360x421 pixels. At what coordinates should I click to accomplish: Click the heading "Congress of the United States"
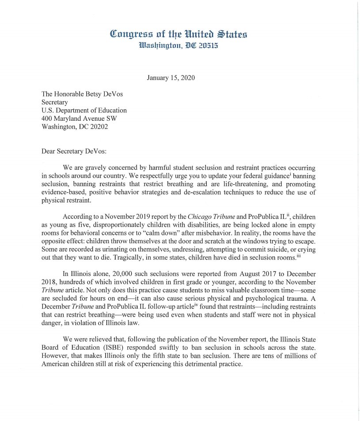click(x=178, y=34)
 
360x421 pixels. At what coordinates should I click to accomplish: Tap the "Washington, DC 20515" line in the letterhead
click(x=178, y=45)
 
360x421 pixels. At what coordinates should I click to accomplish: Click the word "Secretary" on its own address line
click(x=55, y=102)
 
